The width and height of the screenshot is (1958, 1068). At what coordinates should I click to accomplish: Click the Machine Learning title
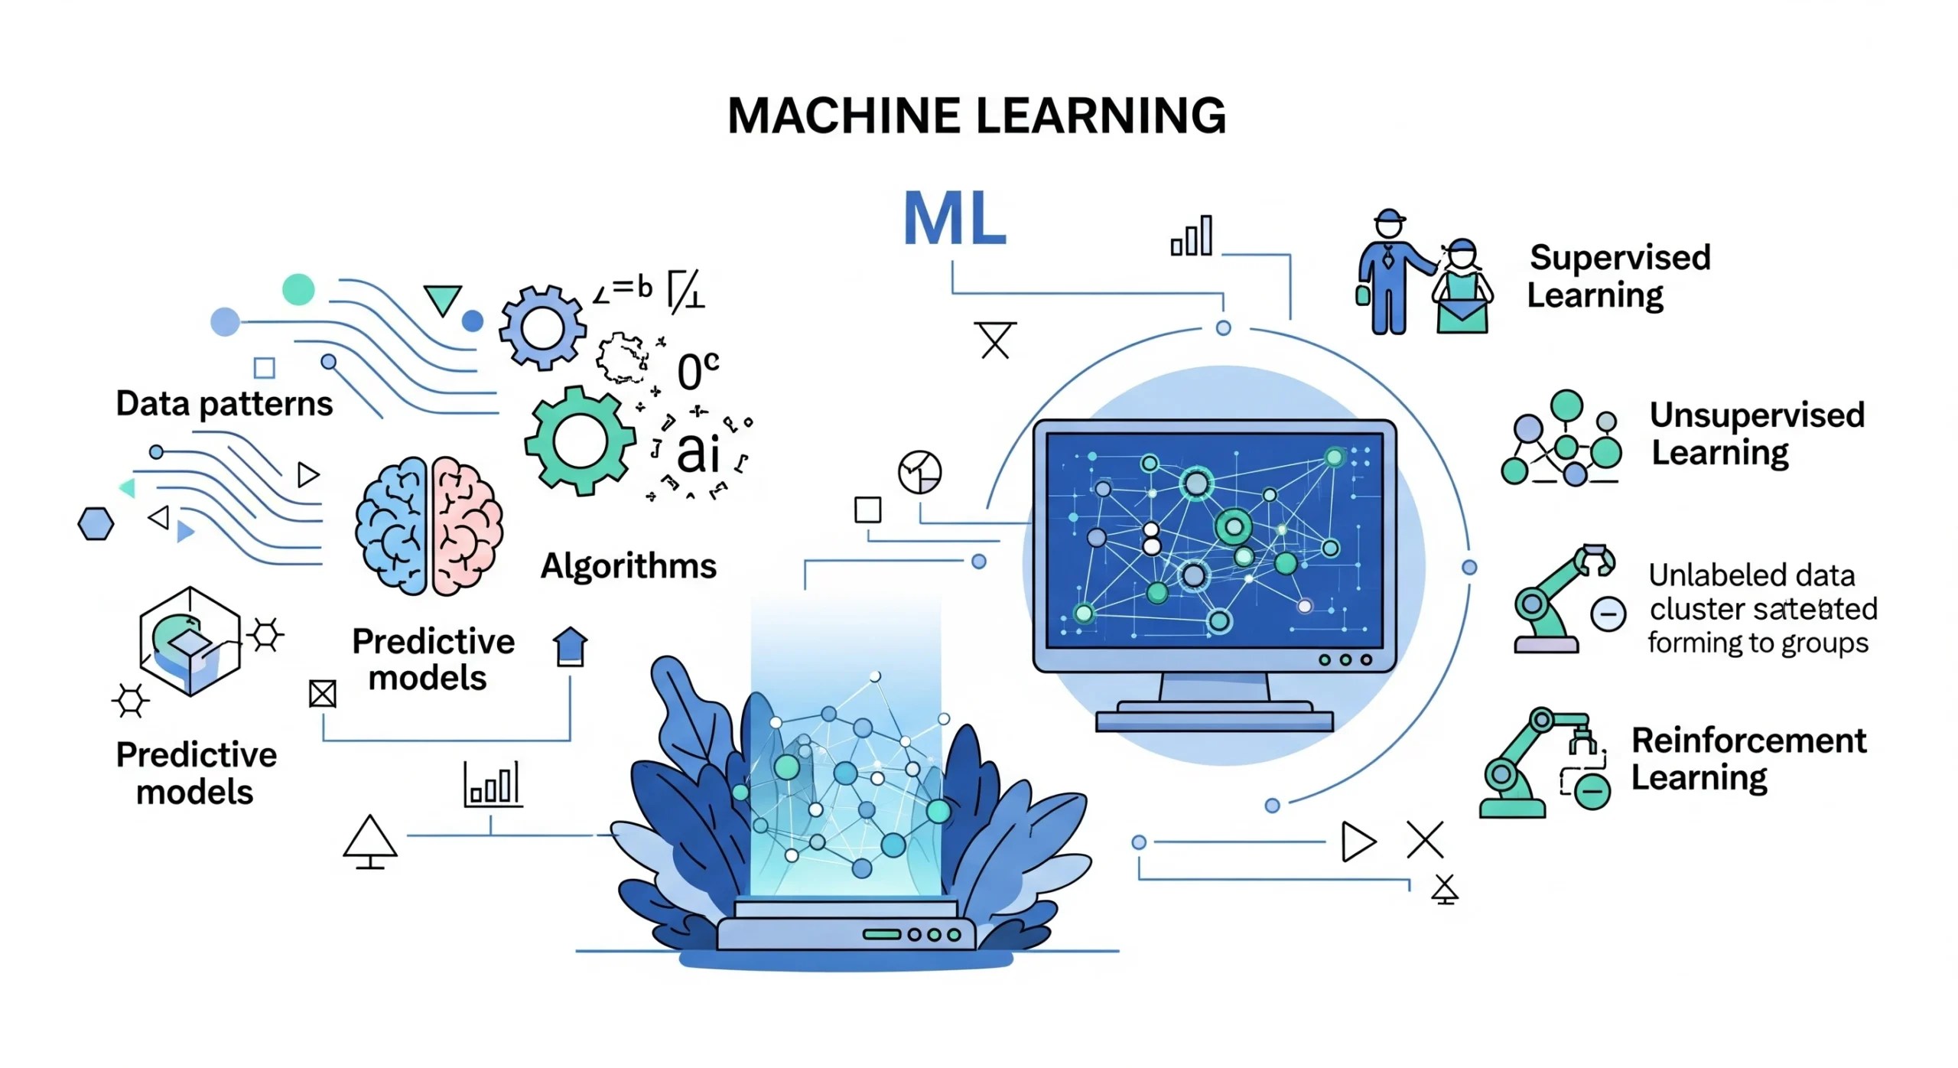pyautogui.click(x=976, y=116)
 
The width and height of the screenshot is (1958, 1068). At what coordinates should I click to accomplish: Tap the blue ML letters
pyautogui.click(x=954, y=219)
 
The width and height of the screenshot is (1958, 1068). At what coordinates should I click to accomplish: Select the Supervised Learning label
pyautogui.click(x=1618, y=276)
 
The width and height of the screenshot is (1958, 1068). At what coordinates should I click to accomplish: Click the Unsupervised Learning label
pyautogui.click(x=1756, y=433)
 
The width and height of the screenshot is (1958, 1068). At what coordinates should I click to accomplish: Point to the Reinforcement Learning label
pyautogui.click(x=1748, y=758)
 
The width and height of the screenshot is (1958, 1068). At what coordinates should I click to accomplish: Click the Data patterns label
pyautogui.click(x=224, y=404)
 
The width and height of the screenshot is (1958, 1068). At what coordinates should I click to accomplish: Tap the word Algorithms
pyautogui.click(x=628, y=566)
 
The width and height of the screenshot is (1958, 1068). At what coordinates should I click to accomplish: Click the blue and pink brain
pyautogui.click(x=428, y=526)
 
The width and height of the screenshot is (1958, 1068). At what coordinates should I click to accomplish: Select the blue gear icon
pyautogui.click(x=542, y=328)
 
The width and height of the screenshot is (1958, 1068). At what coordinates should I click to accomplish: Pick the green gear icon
pyautogui.click(x=579, y=441)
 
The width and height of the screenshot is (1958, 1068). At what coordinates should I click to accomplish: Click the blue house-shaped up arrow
pyautogui.click(x=570, y=646)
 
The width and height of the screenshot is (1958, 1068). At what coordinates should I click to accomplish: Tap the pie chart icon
pyautogui.click(x=919, y=472)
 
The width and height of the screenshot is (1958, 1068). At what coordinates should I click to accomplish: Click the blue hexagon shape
pyautogui.click(x=96, y=524)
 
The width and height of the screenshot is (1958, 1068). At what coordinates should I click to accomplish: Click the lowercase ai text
pyautogui.click(x=698, y=452)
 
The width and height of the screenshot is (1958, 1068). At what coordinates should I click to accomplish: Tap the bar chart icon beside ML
pyautogui.click(x=1192, y=236)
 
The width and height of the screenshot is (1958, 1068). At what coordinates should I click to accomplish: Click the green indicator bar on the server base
pyautogui.click(x=882, y=934)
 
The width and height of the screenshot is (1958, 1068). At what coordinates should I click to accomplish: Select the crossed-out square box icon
pyautogui.click(x=322, y=694)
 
